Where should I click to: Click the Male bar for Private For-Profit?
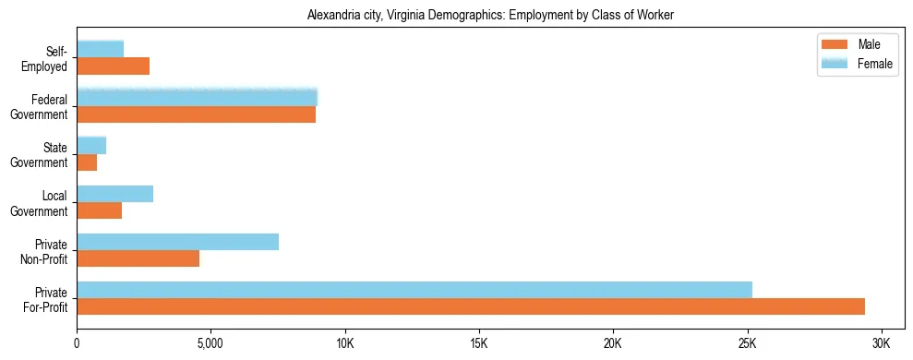pyautogui.click(x=471, y=306)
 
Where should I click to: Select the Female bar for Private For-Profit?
pyautogui.click(x=414, y=289)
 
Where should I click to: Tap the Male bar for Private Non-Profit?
pyautogui.click(x=138, y=258)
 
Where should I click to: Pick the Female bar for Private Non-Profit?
pyautogui.click(x=177, y=241)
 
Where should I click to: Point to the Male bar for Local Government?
pyautogui.click(x=99, y=210)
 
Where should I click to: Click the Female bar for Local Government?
pyautogui.click(x=114, y=193)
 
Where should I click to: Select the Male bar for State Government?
pyautogui.click(x=87, y=162)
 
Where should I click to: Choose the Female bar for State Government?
pyautogui.click(x=91, y=145)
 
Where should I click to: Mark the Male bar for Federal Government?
pyautogui.click(x=196, y=114)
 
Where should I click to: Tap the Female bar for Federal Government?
pyautogui.click(x=197, y=97)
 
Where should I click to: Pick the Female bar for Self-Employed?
pyautogui.click(x=100, y=49)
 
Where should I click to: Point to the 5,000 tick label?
pyautogui.click(x=210, y=343)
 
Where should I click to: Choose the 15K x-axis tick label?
pyautogui.click(x=479, y=343)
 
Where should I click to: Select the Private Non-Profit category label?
pyautogui.click(x=48, y=251)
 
